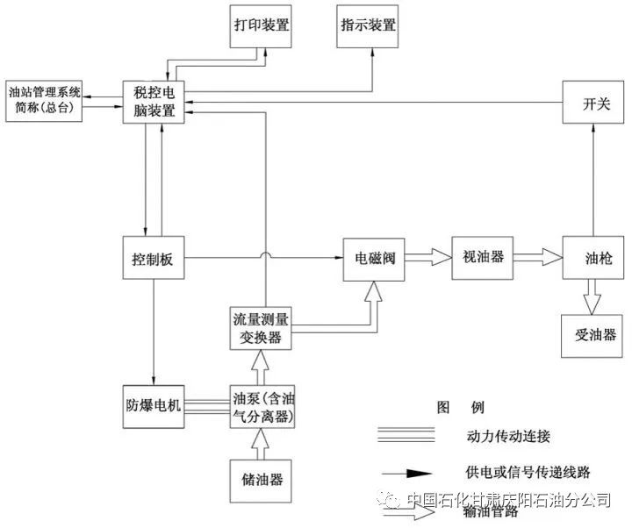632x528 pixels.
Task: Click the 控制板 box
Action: pyautogui.click(x=154, y=258)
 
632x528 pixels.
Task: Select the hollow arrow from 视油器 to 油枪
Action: pyautogui.click(x=537, y=257)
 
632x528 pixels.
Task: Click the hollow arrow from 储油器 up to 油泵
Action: pyautogui.click(x=260, y=444)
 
